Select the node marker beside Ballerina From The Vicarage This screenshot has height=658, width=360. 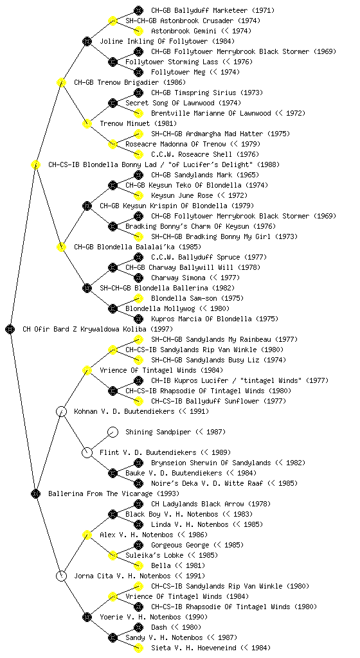point(35,493)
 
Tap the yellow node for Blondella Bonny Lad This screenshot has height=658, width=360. point(35,165)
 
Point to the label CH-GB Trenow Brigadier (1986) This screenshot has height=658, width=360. point(130,83)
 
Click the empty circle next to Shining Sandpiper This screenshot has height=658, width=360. point(113,432)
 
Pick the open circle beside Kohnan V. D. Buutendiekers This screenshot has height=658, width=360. point(61,411)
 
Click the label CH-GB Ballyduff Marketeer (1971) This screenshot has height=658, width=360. point(213,10)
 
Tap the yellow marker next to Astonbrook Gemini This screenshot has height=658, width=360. point(138,31)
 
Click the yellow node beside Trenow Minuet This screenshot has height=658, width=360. point(87,124)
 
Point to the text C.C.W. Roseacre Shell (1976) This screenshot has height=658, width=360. point(205,154)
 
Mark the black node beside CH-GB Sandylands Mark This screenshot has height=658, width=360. point(138,175)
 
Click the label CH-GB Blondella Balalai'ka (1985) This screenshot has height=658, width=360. point(137,247)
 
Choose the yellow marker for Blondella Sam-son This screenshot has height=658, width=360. point(138,298)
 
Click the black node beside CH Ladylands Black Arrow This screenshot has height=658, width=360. point(138,504)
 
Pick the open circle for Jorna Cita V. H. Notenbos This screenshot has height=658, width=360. point(61,576)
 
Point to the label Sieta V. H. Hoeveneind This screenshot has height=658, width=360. point(194,648)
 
